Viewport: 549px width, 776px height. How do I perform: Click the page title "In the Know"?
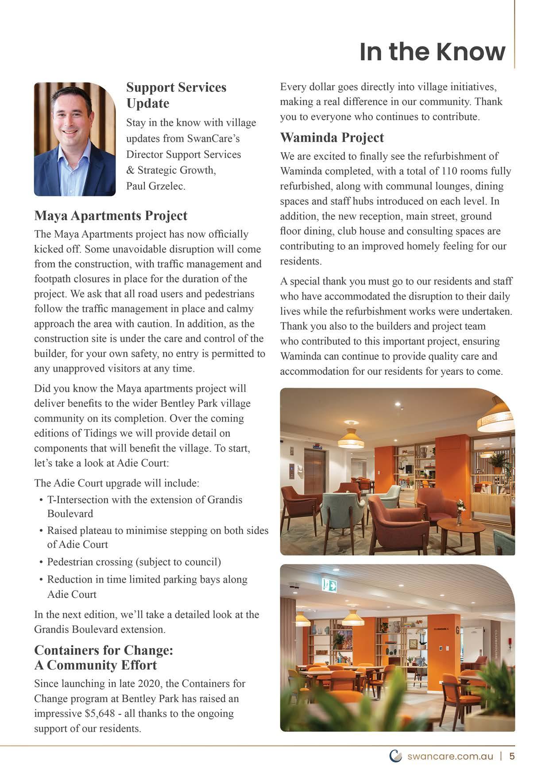coord(432,51)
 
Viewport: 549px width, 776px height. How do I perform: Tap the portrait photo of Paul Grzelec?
coord(74,139)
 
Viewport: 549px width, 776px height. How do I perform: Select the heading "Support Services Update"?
coord(176,95)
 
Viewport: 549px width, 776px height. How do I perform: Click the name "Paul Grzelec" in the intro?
coord(155,186)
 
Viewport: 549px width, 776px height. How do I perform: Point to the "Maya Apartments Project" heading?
coord(111,215)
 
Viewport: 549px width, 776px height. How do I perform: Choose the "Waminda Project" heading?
coord(332,138)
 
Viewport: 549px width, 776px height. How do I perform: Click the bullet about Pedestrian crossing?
coord(134,562)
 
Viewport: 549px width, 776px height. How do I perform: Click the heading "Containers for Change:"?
coord(104,650)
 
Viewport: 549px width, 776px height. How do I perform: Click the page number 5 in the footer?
coord(512,756)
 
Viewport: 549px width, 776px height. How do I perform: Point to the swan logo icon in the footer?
coord(395,756)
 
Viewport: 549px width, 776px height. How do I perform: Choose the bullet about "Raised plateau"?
coord(157,537)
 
